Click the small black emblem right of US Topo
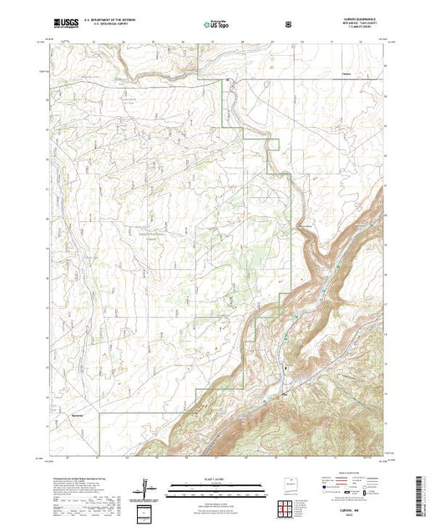click(289, 24)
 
